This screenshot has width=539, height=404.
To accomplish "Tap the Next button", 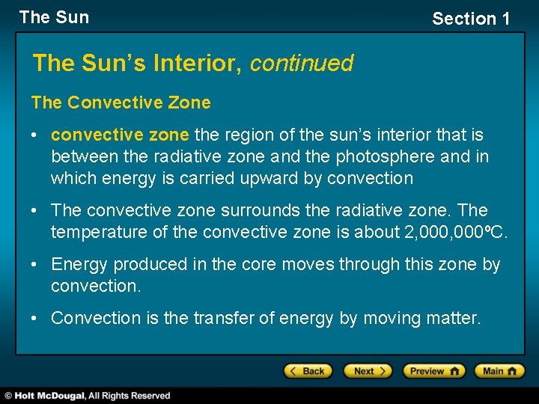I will pyautogui.click(x=367, y=370).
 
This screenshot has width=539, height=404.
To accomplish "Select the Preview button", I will pyautogui.click(x=433, y=370).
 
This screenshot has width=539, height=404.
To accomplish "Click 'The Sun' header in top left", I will pyautogui.click(x=54, y=17).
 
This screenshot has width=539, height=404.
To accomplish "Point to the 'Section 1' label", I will pyautogui.click(x=471, y=19).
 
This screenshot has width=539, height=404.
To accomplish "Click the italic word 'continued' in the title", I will pyautogui.click(x=302, y=64).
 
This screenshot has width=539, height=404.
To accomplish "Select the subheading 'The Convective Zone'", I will pyautogui.click(x=121, y=102).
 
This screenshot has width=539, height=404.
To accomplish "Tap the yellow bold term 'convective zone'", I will pyautogui.click(x=121, y=135).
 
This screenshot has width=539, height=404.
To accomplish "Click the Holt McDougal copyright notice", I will pyautogui.click(x=87, y=396).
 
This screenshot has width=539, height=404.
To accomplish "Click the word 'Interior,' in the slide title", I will pyautogui.click(x=199, y=64).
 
